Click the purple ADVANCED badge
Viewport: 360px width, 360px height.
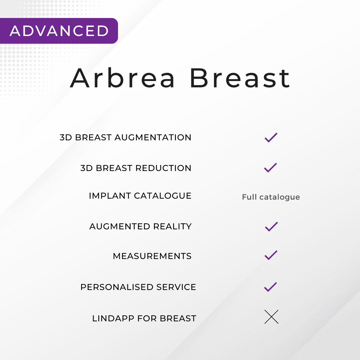[x=59, y=31]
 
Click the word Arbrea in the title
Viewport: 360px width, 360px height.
[x=123, y=79]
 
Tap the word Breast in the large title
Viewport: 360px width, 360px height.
[x=240, y=79]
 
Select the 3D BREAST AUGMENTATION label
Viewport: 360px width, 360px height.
[x=125, y=137]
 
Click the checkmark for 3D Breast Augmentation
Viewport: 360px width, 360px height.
[x=271, y=137]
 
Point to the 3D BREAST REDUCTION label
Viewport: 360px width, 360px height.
[x=136, y=168]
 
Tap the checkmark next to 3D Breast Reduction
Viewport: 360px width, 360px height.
[x=270, y=167]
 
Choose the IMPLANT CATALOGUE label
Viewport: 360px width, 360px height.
[x=140, y=196]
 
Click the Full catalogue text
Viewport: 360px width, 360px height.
[x=271, y=197]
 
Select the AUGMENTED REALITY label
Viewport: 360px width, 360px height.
[x=140, y=226]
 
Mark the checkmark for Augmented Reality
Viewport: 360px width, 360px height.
[x=271, y=226]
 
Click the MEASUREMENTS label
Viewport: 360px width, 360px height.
[x=152, y=256]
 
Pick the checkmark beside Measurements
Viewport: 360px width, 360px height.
[x=271, y=255]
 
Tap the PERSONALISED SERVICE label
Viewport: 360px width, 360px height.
[x=138, y=287]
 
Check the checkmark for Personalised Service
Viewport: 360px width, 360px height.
[x=270, y=287]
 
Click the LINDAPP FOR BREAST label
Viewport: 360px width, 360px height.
[x=144, y=318]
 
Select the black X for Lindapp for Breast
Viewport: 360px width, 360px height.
[x=271, y=317]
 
